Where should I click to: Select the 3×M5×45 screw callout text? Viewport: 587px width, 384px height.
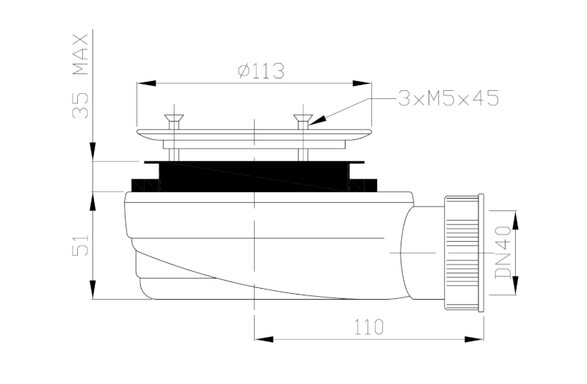[x=448, y=97]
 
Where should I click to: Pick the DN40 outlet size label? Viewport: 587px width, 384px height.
[x=502, y=253]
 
